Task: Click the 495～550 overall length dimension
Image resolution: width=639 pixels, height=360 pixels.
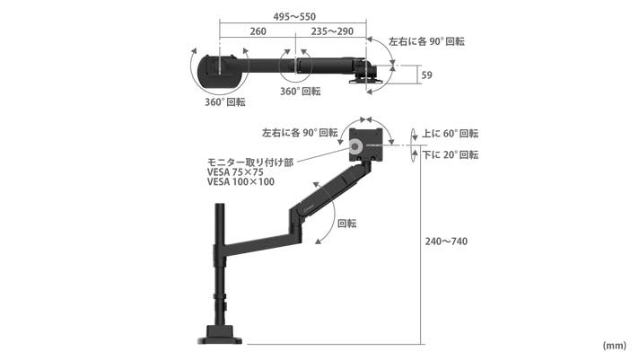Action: pyautogui.click(x=294, y=17)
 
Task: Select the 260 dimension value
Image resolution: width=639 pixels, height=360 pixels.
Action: pyautogui.click(x=258, y=31)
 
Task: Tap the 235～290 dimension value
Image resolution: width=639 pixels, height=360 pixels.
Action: pyautogui.click(x=332, y=31)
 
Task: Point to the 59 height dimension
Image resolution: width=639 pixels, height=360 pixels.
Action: pyautogui.click(x=426, y=75)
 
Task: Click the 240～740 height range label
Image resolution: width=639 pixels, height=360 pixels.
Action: pyautogui.click(x=446, y=241)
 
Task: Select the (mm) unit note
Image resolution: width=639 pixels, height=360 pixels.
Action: pyautogui.click(x=614, y=346)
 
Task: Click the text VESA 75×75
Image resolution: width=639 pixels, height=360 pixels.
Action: pyautogui.click(x=235, y=172)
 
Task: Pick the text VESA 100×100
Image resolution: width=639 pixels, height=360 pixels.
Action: pyautogui.click(x=241, y=182)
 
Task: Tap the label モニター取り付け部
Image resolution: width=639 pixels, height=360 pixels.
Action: pyautogui.click(x=250, y=162)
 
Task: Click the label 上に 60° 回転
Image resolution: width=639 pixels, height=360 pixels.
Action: pyautogui.click(x=450, y=134)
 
